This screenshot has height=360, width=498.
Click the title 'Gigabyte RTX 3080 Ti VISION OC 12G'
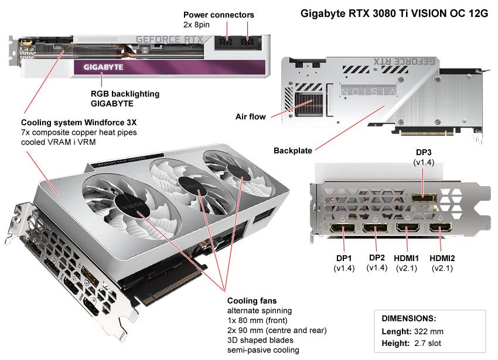(394, 13)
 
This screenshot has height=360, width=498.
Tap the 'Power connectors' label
(219, 15)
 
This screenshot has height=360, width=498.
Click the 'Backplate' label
(293, 150)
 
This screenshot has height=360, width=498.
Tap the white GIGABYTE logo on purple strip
(103, 67)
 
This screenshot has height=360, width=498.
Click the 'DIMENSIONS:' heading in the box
(408, 318)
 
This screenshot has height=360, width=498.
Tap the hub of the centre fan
(192, 185)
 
